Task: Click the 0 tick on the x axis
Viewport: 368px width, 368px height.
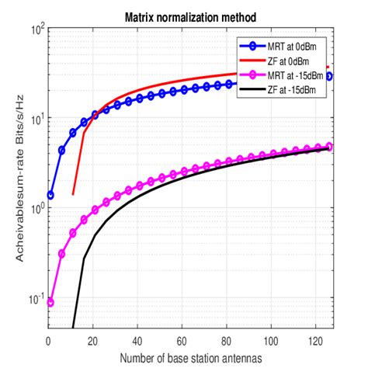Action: (49, 341)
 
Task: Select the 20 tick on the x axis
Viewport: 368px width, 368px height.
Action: (93, 341)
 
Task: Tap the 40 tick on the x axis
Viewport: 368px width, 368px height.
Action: (137, 341)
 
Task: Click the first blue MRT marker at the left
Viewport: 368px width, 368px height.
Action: (51, 195)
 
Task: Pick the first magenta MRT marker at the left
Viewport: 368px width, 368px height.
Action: (51, 302)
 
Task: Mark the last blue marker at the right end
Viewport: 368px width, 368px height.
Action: (328, 76)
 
